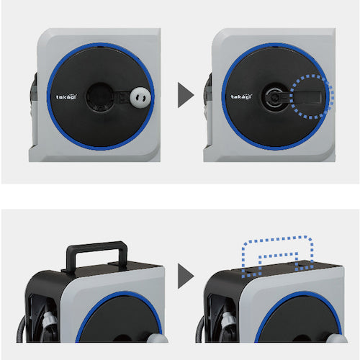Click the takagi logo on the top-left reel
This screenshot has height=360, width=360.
click(66, 97)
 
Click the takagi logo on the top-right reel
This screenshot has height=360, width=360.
click(241, 96)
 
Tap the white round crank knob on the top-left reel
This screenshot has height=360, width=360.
click(140, 97)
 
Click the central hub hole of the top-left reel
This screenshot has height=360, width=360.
click(99, 96)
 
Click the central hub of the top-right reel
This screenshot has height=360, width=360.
click(274, 96)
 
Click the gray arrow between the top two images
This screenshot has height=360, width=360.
click(186, 95)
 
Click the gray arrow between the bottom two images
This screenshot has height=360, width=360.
click(186, 276)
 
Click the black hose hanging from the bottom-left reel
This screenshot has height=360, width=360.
click(20, 329)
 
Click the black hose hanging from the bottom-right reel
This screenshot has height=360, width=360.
click(199, 329)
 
